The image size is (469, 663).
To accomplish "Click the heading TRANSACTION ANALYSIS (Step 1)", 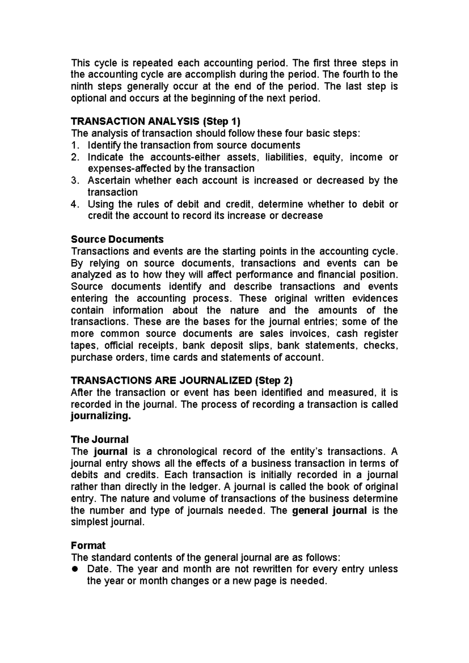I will pyautogui.click(x=155, y=122).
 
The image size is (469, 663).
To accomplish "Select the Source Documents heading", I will pyautogui.click(x=117, y=239).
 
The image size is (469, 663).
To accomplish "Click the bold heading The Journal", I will pyautogui.click(x=99, y=439).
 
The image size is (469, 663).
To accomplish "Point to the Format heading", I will pyautogui.click(x=88, y=545).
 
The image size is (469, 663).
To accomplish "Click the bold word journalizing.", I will pyautogui.click(x=100, y=416).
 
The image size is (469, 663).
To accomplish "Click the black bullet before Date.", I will pyautogui.click(x=76, y=569).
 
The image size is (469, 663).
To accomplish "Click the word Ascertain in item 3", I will pyautogui.click(x=109, y=181).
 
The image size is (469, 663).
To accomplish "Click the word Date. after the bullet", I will pyautogui.click(x=99, y=569).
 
